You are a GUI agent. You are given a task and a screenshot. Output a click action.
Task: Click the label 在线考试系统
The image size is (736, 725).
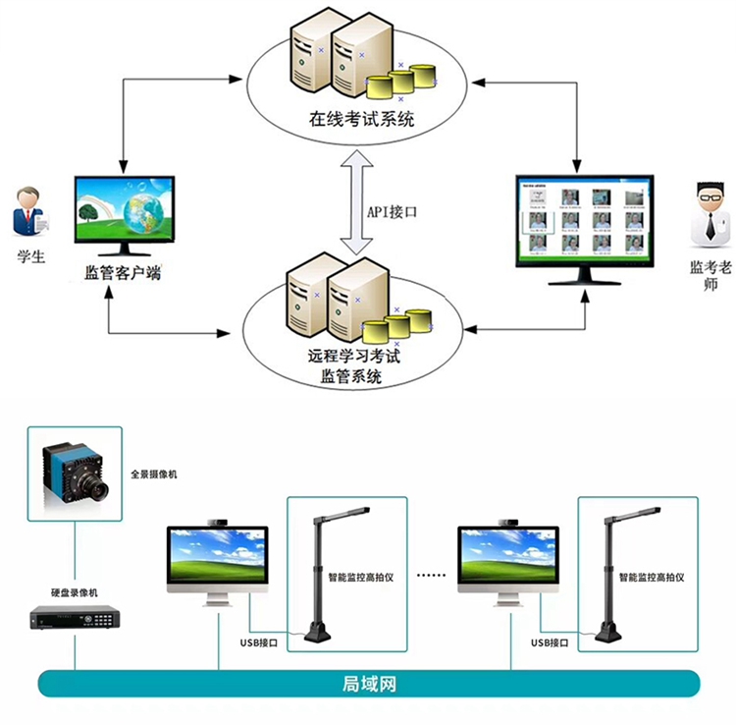click(x=361, y=122)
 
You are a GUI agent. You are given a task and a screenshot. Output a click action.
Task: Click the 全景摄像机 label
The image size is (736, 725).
click(x=154, y=474)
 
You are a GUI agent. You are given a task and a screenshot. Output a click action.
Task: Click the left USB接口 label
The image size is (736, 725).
click(x=260, y=643)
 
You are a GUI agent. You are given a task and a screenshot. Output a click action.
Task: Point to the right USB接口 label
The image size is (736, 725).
click(x=551, y=643)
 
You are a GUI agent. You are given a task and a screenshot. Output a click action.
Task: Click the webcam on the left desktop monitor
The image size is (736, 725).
click(x=219, y=521)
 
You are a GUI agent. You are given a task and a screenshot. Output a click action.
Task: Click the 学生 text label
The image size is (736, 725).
click(x=31, y=257)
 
